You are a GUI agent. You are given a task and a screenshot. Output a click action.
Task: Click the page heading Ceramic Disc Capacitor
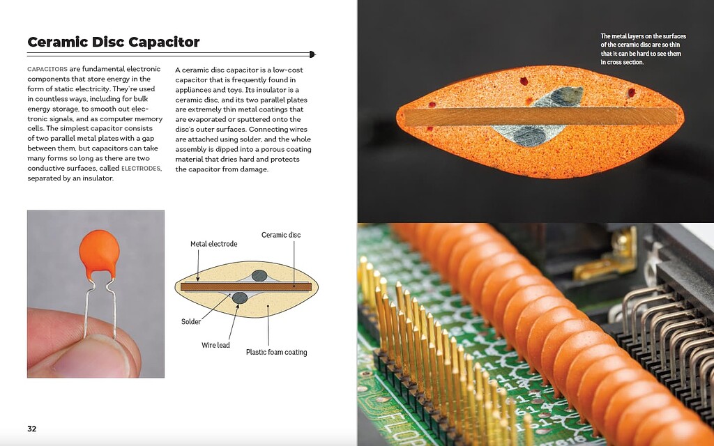point(113,42)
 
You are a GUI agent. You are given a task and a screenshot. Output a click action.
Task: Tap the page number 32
point(32,429)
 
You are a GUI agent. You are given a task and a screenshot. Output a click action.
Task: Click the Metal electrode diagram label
point(213,244)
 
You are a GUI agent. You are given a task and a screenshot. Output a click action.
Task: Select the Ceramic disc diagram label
point(281,235)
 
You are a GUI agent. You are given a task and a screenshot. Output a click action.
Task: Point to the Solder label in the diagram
point(191,322)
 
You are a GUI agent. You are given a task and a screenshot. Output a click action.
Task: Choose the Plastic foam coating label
point(276,352)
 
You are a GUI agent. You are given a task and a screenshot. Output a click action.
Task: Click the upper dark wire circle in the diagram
point(259,275)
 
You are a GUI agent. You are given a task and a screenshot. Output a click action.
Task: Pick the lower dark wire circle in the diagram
point(240,298)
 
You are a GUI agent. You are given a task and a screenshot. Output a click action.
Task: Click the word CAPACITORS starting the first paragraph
point(47,70)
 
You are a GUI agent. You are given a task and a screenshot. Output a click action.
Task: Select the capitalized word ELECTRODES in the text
point(142,168)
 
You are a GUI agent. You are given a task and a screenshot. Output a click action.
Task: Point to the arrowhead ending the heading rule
point(312,54)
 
